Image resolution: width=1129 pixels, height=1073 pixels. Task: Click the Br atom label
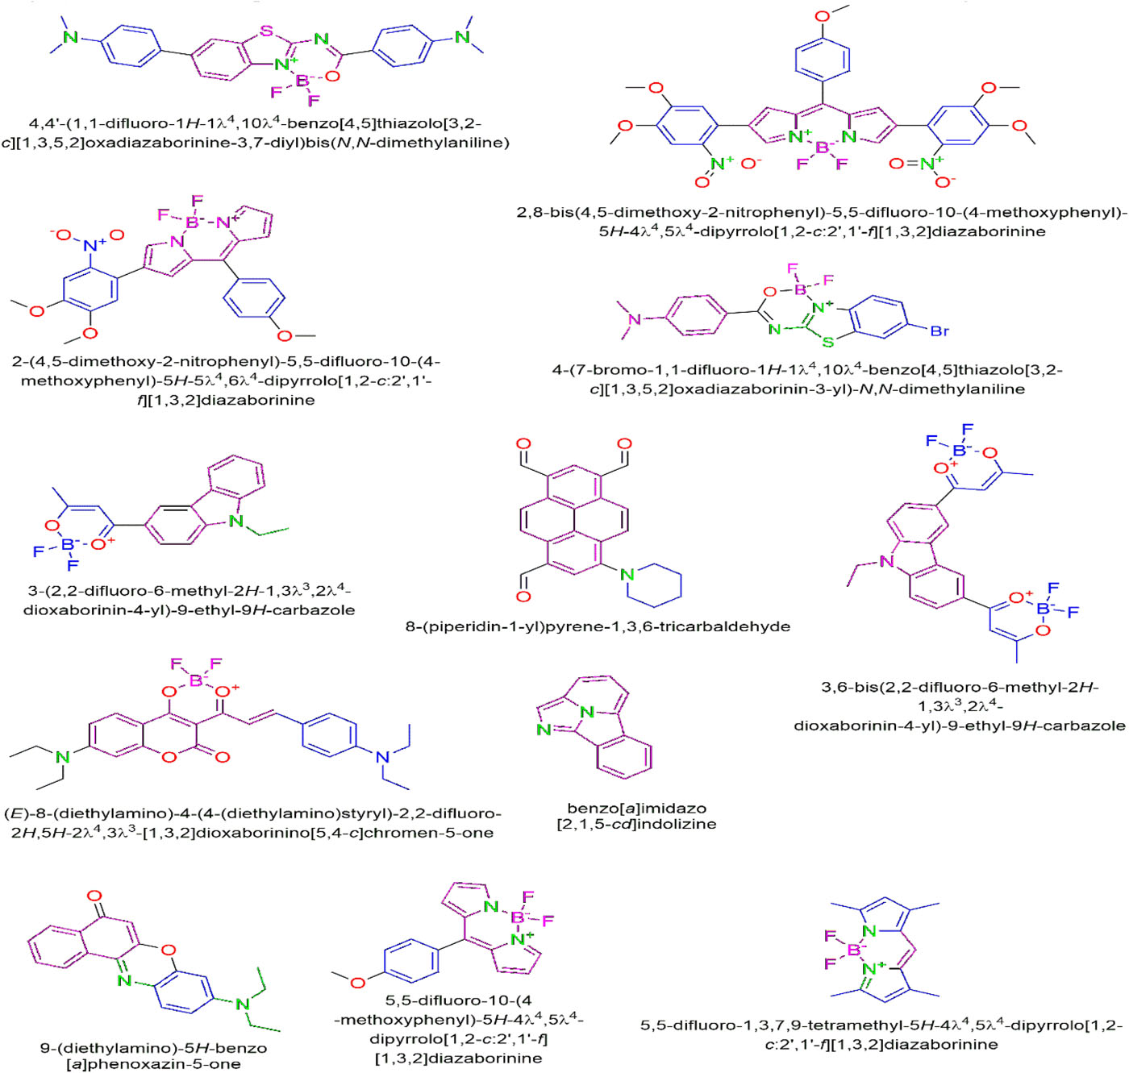pos(939,331)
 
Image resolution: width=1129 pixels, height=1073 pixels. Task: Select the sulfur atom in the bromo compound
pos(827,342)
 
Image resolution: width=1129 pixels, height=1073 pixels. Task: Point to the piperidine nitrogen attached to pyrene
pos(627,574)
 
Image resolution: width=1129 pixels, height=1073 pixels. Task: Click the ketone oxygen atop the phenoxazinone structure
pos(94,895)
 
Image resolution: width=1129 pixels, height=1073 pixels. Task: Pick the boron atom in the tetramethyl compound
pos(853,950)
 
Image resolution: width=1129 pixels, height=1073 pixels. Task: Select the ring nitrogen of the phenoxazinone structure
pos(123,980)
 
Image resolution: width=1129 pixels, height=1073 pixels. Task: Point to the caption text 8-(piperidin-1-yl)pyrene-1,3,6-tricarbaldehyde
pos(598,626)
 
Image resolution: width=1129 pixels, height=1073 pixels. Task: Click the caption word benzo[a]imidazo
pos(636,808)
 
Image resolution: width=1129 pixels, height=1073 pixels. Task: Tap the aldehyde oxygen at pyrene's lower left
pos(523,597)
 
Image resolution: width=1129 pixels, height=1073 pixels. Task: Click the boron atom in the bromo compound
pos(800,289)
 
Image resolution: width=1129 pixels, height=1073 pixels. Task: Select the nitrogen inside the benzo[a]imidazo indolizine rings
pos(587,711)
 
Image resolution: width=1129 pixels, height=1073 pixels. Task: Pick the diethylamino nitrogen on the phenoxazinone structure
pos(242,1004)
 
